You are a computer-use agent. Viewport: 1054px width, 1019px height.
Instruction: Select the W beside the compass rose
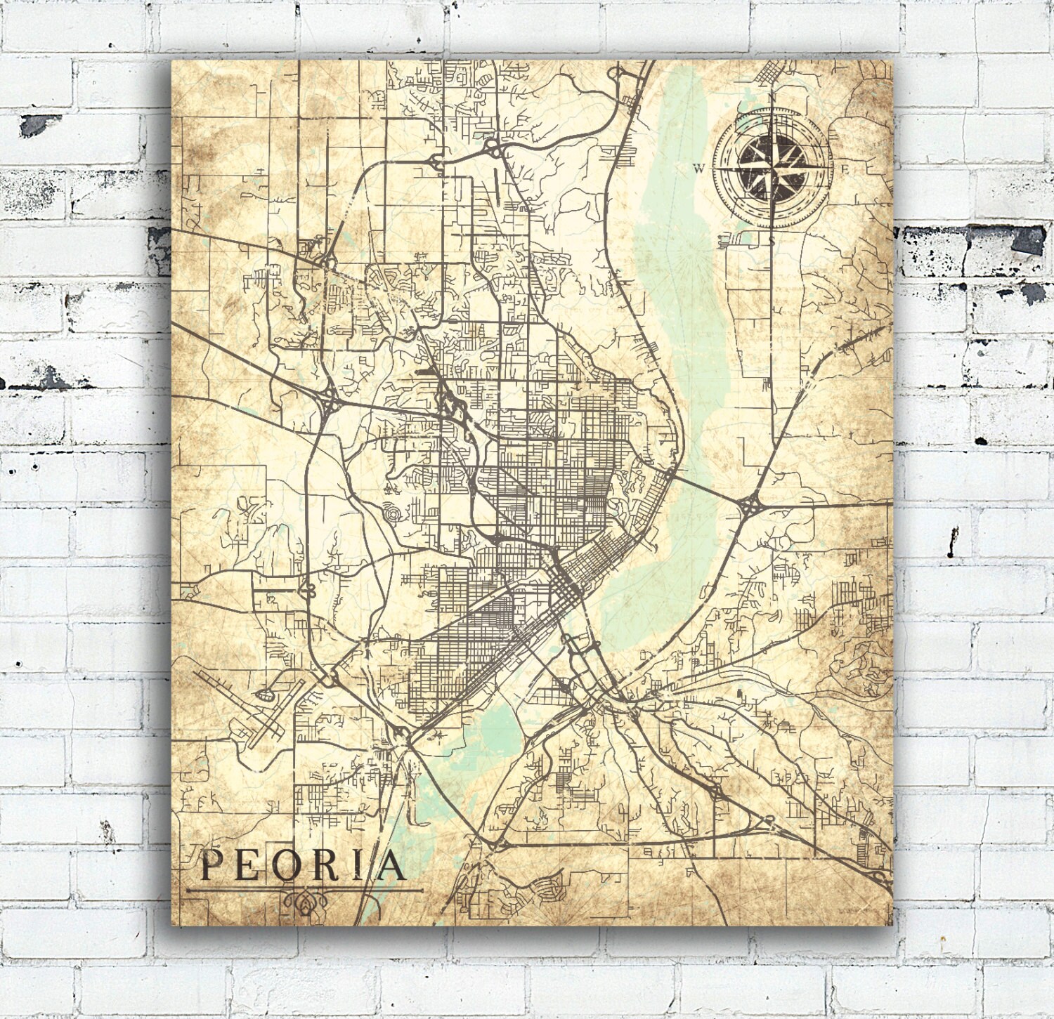699,168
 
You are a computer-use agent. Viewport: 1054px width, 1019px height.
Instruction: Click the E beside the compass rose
846,169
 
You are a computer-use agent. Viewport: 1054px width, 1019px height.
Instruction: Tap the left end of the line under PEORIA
188,890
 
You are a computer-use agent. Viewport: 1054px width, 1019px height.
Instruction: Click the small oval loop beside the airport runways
265,695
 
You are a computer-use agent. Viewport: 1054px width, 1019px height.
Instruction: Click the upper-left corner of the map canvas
173,60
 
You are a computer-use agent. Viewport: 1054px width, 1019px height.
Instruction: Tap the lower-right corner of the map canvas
892,925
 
